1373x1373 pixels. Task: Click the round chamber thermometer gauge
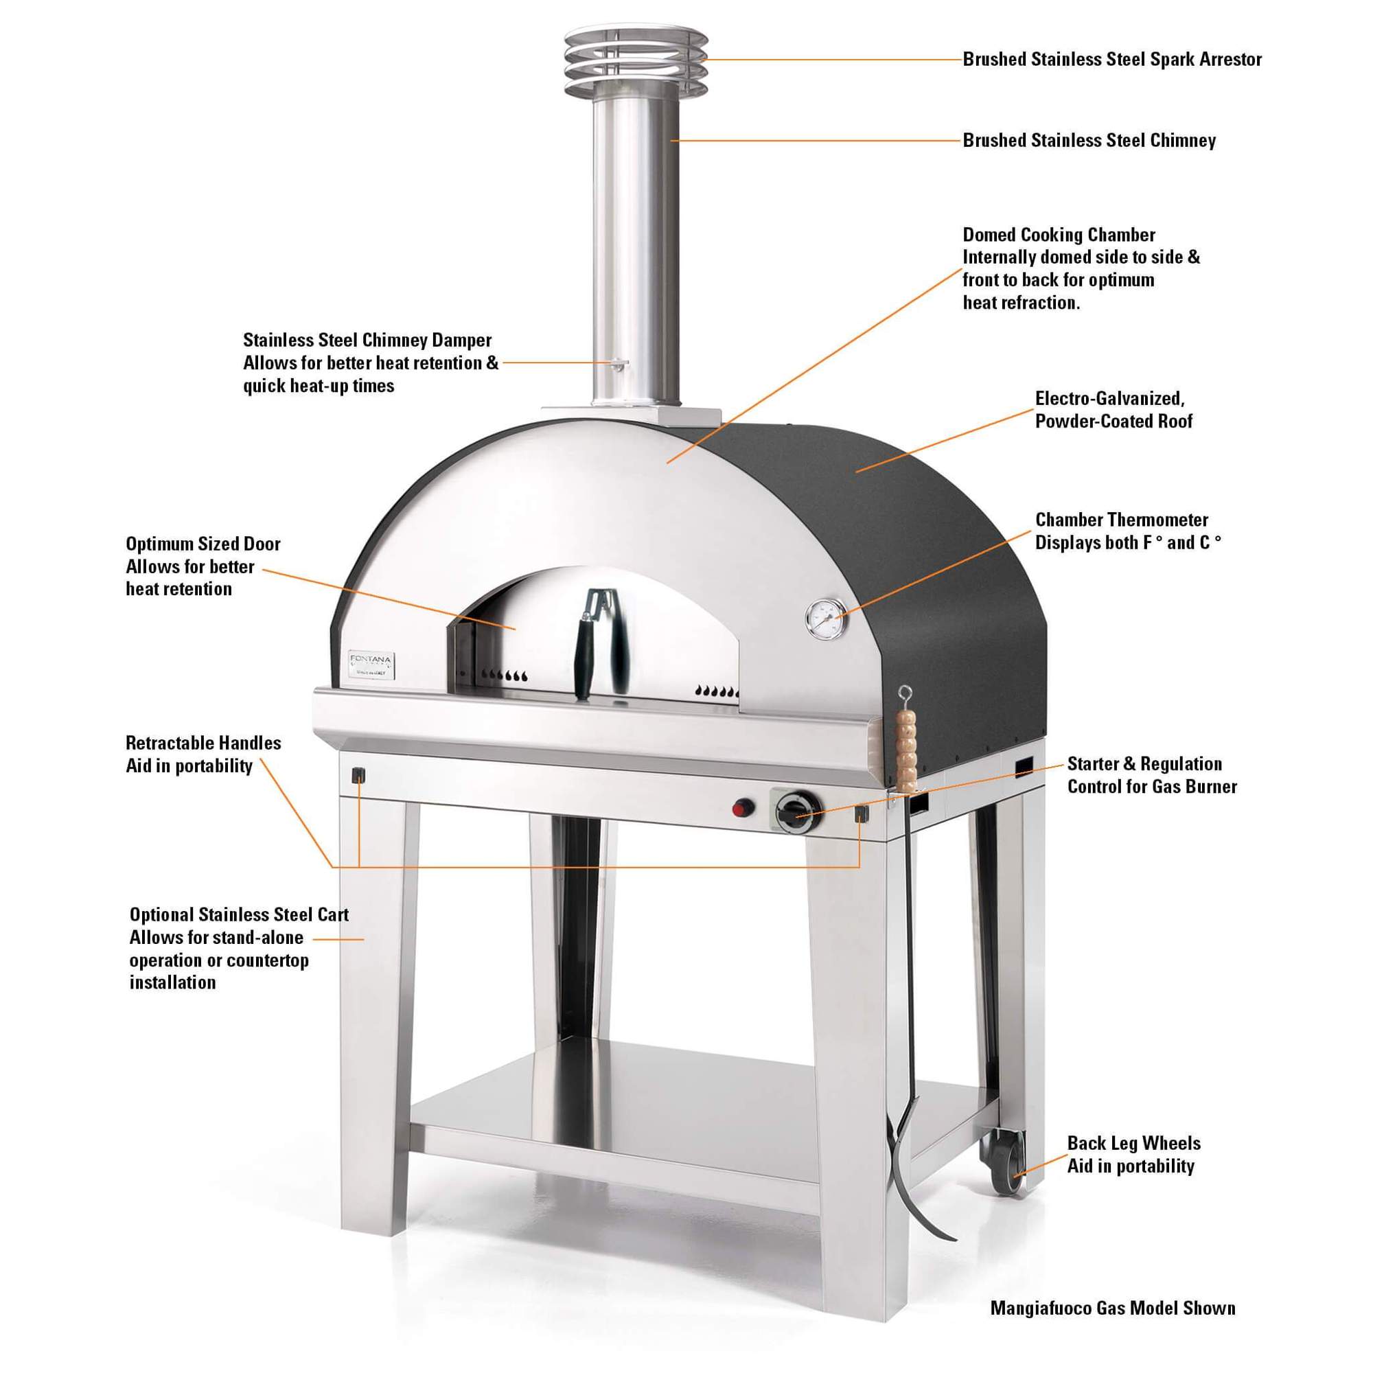(825, 617)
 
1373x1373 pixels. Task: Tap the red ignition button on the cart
(743, 808)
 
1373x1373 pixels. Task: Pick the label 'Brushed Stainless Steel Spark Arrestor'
(1112, 60)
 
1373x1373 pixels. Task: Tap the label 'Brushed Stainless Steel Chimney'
(1089, 141)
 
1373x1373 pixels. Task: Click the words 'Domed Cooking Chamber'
(1058, 235)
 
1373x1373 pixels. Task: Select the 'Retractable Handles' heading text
(203, 743)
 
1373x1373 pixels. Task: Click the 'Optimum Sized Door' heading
(203, 544)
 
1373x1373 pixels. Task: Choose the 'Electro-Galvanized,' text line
(1109, 399)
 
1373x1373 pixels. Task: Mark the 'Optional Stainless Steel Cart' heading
(239, 914)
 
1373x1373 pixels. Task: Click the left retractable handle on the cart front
(359, 775)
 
